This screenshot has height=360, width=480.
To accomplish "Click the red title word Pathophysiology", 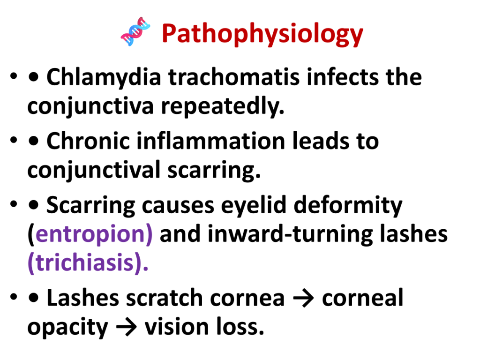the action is pos(262,34).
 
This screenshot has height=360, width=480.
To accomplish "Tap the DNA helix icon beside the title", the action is pos(135,31).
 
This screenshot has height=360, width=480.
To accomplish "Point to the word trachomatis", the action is pos(234,77).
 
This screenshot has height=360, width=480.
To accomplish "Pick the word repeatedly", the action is pos(223,107).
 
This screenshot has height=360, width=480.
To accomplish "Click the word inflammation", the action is pos(211,141).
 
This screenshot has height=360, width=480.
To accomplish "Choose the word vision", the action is pos(177,327).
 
